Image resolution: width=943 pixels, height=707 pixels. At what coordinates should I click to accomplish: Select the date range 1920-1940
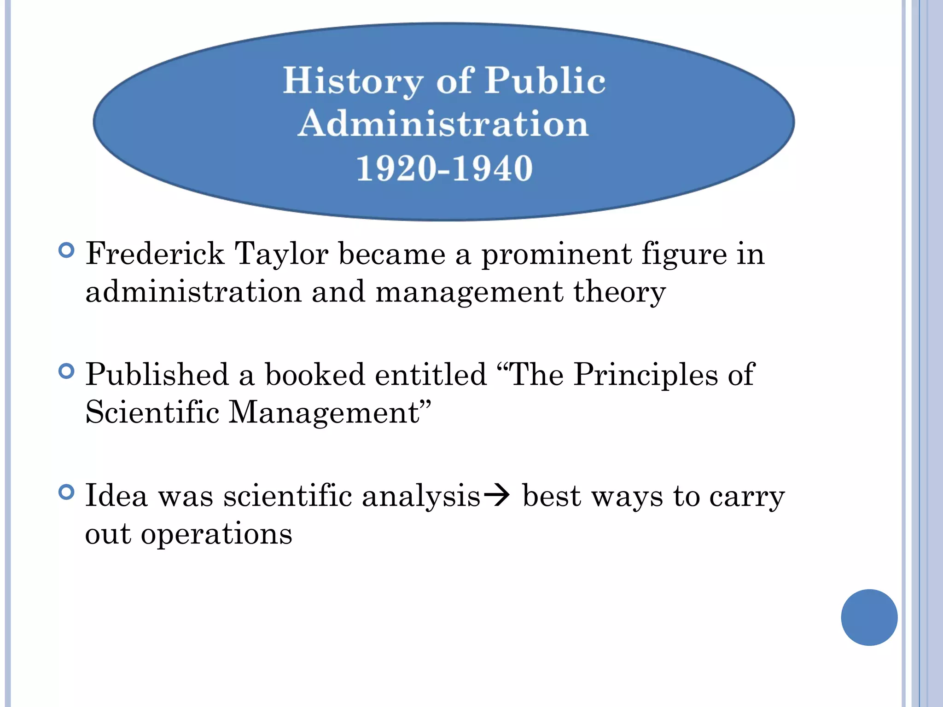pyautogui.click(x=444, y=168)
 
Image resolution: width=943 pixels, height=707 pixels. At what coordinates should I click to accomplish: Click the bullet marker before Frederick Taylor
pyautogui.click(x=67, y=250)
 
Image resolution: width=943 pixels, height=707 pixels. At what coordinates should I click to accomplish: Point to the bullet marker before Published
pyautogui.click(x=67, y=371)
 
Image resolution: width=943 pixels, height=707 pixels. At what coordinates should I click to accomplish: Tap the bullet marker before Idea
pyautogui.click(x=67, y=493)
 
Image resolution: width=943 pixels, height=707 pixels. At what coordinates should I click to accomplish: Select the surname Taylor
pyautogui.click(x=281, y=254)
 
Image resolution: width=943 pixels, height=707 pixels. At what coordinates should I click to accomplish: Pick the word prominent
pyautogui.click(x=556, y=254)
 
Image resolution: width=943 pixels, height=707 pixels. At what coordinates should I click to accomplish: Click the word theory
pyautogui.click(x=619, y=292)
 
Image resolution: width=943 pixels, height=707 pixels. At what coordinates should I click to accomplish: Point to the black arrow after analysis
pyautogui.click(x=497, y=496)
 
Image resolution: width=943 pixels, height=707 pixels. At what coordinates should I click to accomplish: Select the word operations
pyautogui.click(x=216, y=534)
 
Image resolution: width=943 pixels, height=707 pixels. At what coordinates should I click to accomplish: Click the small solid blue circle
pyautogui.click(x=869, y=617)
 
